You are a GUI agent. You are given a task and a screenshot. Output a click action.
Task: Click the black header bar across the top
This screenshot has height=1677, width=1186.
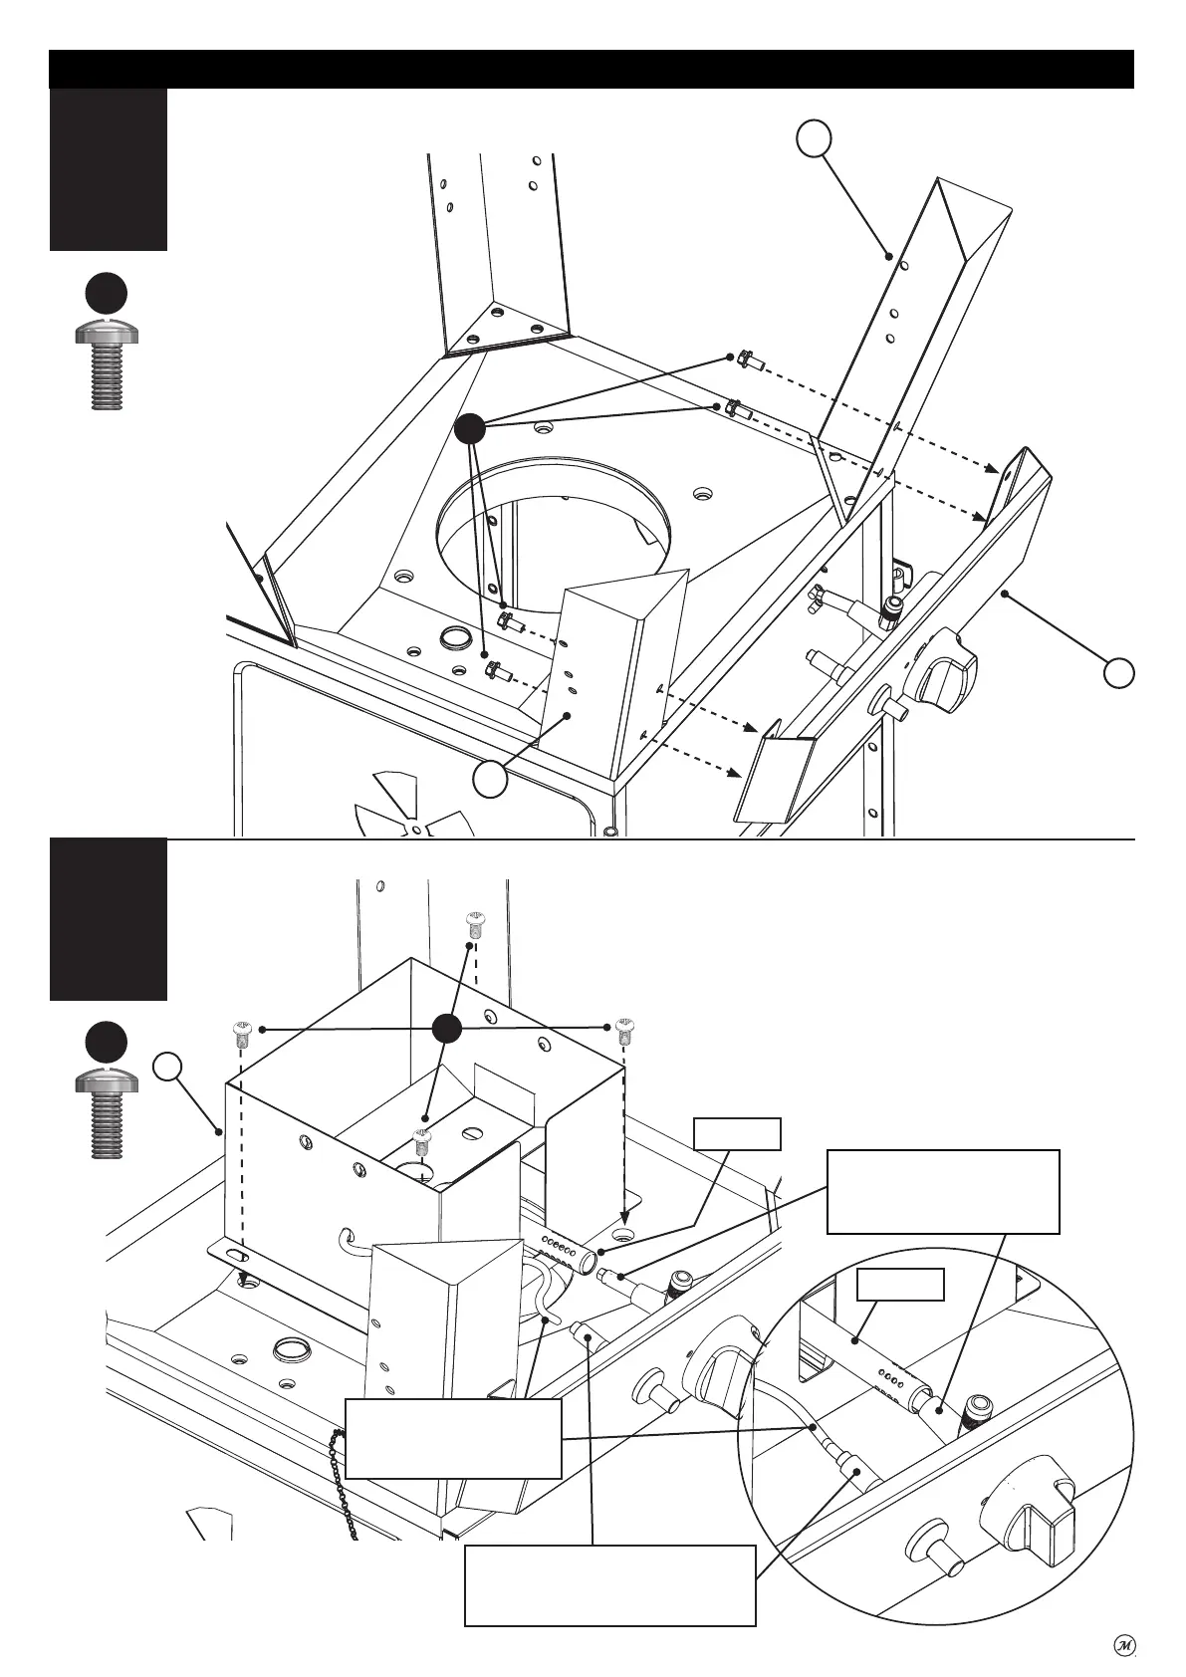click(592, 69)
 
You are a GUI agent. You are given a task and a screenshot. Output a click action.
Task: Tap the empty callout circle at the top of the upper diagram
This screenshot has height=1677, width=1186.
click(814, 138)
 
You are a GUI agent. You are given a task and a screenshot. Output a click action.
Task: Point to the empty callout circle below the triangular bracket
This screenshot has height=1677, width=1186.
click(490, 779)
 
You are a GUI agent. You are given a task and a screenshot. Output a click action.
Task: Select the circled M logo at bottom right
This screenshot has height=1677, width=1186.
click(1123, 1644)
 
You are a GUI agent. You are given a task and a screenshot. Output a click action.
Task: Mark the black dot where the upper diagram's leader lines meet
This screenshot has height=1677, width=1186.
click(469, 429)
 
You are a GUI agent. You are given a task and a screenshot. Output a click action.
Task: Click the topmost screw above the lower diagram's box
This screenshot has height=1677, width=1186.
click(475, 923)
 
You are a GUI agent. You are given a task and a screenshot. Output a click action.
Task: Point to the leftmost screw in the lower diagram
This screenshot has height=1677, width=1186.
click(241, 1035)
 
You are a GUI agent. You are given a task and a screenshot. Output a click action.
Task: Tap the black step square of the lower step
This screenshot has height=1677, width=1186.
click(109, 919)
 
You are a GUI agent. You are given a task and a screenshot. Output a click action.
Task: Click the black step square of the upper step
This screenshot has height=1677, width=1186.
click(109, 169)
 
